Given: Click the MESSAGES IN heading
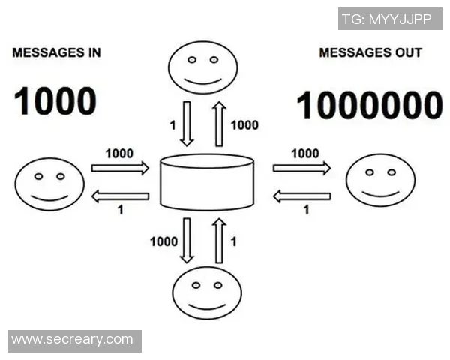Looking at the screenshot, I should [57, 54].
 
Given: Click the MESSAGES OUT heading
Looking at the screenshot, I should [370, 54].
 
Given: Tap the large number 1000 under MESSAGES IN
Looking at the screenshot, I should [55, 101].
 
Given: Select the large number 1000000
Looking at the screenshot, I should [370, 105].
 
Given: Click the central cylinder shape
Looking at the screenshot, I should [208, 182].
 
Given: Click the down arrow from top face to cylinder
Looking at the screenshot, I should [187, 124].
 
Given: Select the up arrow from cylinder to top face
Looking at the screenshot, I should [219, 124].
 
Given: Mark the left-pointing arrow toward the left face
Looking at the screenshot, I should [120, 196].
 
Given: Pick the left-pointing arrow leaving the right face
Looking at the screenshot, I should [301, 196].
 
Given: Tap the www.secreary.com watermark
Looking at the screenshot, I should [73, 340].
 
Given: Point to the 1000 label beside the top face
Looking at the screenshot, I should [245, 125].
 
